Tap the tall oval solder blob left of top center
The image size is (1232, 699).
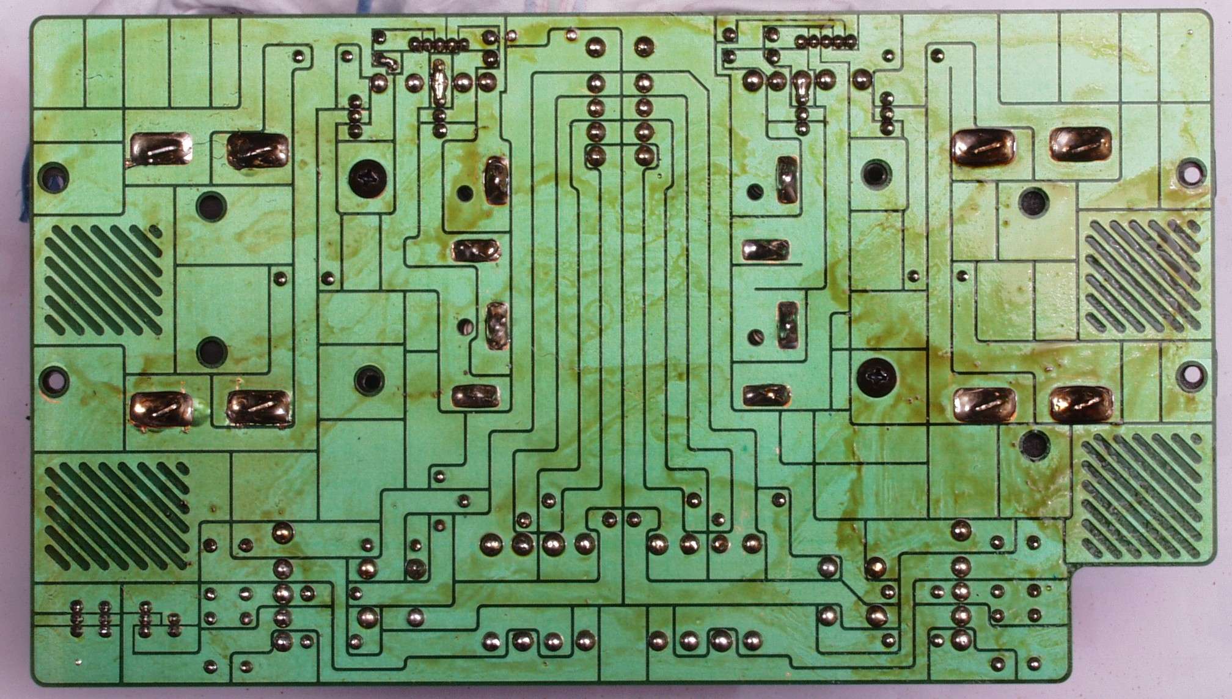click(x=438, y=81)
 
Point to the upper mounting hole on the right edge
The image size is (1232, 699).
click(x=1189, y=172)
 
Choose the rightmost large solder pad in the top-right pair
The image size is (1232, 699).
click(x=1080, y=145)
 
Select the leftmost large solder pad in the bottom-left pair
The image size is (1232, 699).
click(x=161, y=409)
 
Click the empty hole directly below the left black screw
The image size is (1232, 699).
click(x=369, y=380)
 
